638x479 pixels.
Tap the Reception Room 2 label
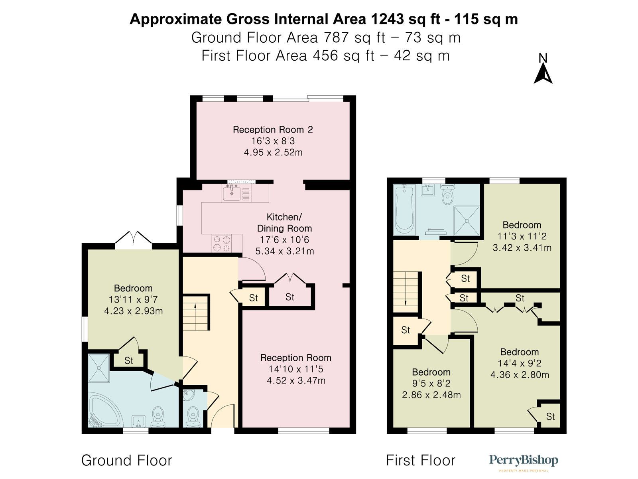pyautogui.click(x=273, y=130)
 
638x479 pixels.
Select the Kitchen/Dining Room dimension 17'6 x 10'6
pyautogui.click(x=284, y=240)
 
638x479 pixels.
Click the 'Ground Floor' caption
pyautogui.click(x=127, y=461)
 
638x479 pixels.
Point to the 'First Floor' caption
pyautogui.click(x=420, y=461)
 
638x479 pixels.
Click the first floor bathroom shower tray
pyautogui.click(x=467, y=221)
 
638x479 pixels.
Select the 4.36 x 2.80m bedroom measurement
pyautogui.click(x=520, y=374)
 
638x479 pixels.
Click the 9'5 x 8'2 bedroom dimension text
pyautogui.click(x=431, y=383)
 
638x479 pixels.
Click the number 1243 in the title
pyautogui.click(x=387, y=19)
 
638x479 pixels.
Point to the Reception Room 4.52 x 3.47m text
pyautogui.click(x=296, y=380)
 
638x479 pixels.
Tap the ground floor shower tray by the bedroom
pyautogui.click(x=99, y=368)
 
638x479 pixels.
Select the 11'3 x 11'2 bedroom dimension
pyautogui.click(x=522, y=236)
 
